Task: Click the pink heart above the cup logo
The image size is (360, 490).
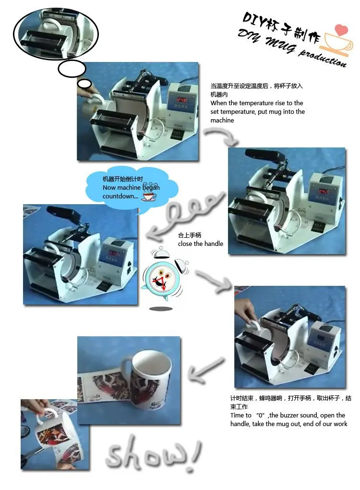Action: pos(341,30)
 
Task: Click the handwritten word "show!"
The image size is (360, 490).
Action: pos(153,453)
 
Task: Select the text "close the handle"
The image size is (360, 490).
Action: pos(201,244)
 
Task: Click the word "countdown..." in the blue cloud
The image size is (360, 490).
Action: pos(120,196)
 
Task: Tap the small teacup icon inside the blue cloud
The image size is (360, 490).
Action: pos(149,196)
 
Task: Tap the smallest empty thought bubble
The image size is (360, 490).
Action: pos(84,84)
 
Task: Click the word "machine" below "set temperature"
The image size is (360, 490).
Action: pos(222,120)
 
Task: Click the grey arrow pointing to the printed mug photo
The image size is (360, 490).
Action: pos(206,370)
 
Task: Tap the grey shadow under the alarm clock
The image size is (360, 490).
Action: pos(161,309)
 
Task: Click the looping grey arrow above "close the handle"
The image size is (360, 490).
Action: pos(186,216)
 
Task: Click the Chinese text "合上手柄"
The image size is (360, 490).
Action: pos(190,235)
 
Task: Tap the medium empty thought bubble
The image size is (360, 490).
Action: pos(72,69)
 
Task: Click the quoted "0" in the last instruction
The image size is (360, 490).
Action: pos(260,416)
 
